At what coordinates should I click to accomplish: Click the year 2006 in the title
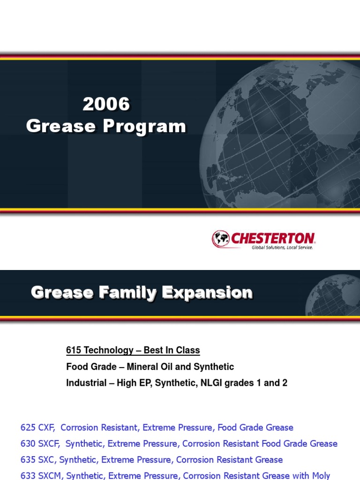(x=106, y=105)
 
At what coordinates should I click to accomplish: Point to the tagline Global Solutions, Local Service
(x=282, y=247)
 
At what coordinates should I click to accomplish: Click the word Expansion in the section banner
(x=207, y=293)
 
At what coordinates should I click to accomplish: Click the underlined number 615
(x=74, y=350)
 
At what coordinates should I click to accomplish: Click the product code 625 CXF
(x=37, y=427)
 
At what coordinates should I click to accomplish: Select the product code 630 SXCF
(x=41, y=443)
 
